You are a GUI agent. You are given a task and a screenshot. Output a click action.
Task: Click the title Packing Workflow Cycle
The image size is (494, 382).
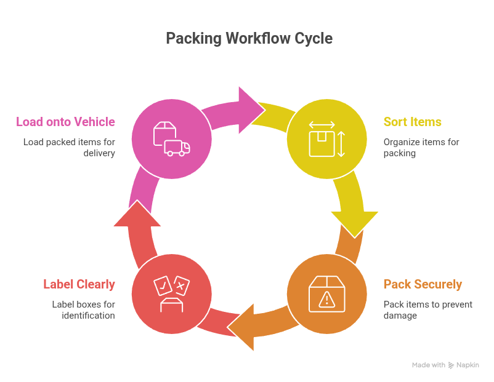(x=249, y=38)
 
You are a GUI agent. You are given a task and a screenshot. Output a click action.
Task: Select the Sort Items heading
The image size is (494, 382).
(x=412, y=121)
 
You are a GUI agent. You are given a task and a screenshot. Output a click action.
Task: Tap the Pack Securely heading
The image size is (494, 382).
(x=423, y=284)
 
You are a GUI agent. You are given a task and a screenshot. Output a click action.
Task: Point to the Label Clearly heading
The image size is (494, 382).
(x=79, y=284)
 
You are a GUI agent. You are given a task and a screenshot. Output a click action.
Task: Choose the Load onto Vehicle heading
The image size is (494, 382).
(x=65, y=121)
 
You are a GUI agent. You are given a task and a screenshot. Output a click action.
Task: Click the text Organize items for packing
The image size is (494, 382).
(x=421, y=148)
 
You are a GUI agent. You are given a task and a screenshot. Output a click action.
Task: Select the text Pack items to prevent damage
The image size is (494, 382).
(x=427, y=310)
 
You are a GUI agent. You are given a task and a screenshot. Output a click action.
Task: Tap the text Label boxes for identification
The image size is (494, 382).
(x=83, y=310)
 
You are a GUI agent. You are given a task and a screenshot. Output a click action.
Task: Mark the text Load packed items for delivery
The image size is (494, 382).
(x=69, y=148)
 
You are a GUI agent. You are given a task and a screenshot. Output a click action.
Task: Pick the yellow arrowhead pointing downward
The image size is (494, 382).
(x=354, y=221)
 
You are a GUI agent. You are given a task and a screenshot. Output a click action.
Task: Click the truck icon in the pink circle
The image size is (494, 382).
(x=177, y=148)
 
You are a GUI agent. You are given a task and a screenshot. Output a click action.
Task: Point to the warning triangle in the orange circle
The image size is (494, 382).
(x=327, y=299)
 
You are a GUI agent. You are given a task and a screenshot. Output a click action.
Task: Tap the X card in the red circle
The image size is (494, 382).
(x=181, y=285)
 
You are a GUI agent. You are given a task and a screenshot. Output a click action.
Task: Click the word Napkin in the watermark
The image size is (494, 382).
(x=468, y=365)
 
